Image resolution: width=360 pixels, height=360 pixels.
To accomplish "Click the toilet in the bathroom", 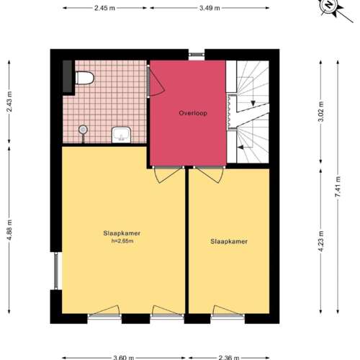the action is coord(85,78).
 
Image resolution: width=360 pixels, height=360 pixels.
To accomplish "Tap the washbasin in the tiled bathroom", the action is coord(122,135).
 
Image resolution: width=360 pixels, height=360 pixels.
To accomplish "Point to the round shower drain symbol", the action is coord(83,130).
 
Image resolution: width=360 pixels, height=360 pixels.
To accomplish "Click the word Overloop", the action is coord(193,113).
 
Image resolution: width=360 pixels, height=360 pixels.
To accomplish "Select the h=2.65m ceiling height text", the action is coord(122,241).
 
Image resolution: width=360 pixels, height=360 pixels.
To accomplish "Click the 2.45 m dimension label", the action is coord(104,8).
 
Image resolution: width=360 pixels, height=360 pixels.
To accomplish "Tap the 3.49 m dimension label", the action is coord(210,8).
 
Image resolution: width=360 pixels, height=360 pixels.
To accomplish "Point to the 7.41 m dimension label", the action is coord(338,186).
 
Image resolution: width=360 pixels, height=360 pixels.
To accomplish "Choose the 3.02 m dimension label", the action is coord(321,112).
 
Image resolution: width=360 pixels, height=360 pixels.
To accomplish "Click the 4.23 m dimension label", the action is coord(321,241).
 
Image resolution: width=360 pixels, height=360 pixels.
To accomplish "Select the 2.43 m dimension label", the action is coord(9,102).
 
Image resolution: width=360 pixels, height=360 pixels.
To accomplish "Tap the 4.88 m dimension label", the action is coord(9,230).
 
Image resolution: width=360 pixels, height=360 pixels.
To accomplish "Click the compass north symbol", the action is coord(329,5).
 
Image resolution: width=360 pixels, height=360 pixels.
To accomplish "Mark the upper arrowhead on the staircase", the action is coord(253,104).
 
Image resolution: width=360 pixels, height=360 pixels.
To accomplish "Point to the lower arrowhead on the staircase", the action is coord(240,147).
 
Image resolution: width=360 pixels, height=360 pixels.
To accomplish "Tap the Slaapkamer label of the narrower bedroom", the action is coord(229,241).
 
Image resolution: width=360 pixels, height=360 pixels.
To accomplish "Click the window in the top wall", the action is coord(197,55).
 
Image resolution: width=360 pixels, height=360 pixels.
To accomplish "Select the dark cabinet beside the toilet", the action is coord(68,76).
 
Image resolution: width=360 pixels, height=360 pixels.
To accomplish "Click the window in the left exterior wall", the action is coord(56,271).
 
